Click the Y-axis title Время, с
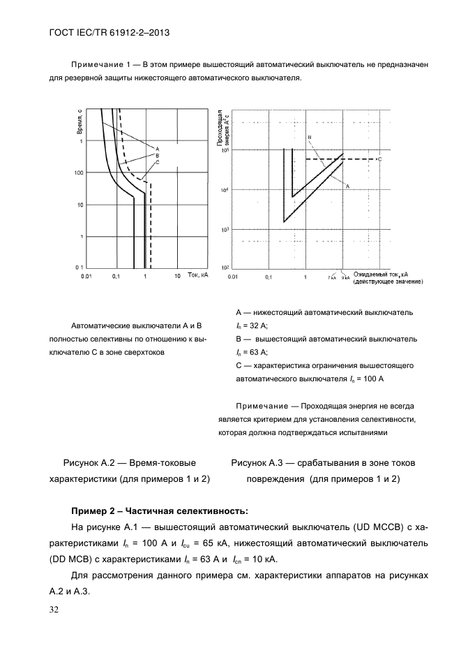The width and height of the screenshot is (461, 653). [80, 122]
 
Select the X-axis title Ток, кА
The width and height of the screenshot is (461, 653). [198, 276]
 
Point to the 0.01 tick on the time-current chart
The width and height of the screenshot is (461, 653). [86, 277]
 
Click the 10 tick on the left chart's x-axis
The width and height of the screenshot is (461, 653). [177, 277]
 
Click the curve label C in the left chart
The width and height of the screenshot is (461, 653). [158, 162]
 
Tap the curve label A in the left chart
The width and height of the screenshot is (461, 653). [158, 149]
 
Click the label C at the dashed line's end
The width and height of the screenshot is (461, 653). [379, 159]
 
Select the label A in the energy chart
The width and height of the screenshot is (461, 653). [347, 186]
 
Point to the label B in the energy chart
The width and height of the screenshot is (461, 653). [310, 138]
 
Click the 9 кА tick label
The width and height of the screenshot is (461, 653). [345, 277]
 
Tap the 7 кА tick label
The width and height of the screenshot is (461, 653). [332, 277]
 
